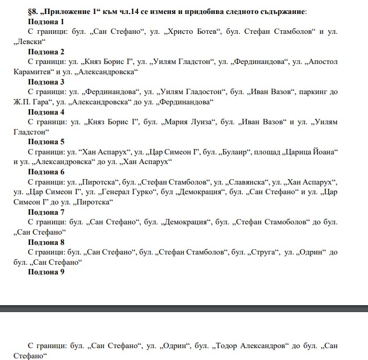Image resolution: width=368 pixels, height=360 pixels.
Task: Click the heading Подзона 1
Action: (x=46, y=22)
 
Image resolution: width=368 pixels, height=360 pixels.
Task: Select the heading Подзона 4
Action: (x=46, y=112)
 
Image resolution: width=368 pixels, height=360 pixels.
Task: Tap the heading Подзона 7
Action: (x=46, y=213)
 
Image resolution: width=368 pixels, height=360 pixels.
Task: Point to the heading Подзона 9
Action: (x=46, y=272)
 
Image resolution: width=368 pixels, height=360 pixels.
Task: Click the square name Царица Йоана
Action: (x=313, y=152)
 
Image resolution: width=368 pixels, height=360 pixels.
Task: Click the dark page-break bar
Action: (x=184, y=308)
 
